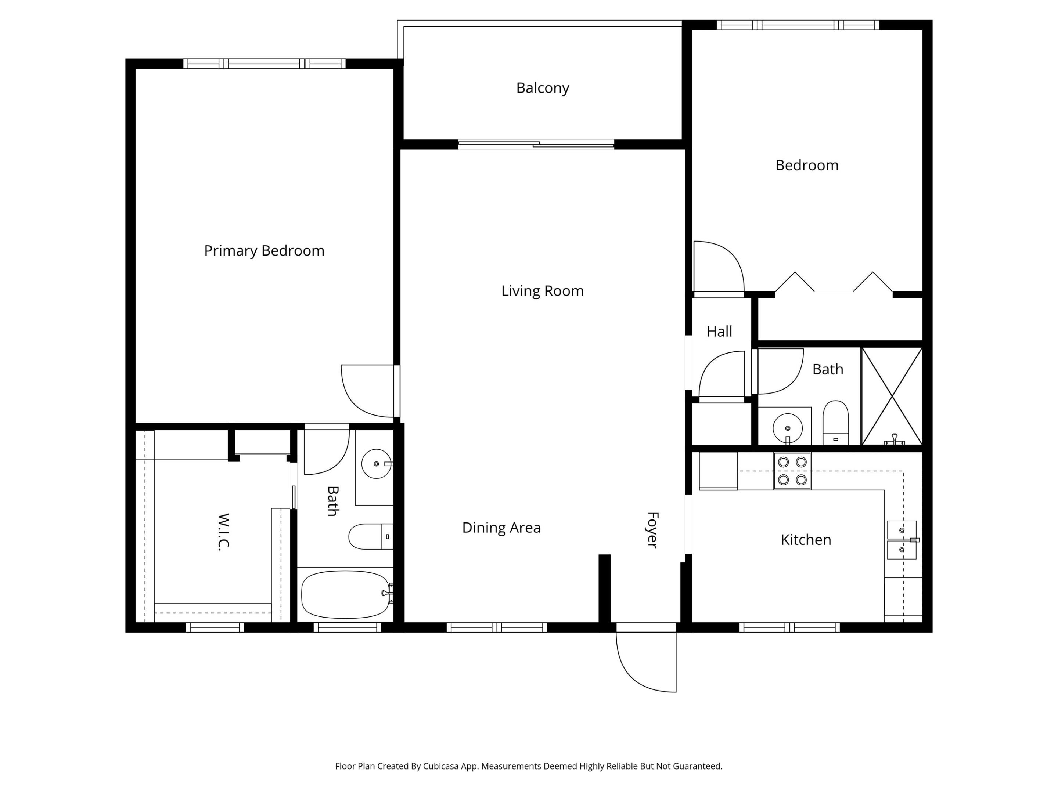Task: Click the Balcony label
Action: [542, 88]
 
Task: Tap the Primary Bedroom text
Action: [264, 250]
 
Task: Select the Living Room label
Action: [542, 291]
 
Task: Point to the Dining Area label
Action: [501, 527]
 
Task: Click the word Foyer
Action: [652, 530]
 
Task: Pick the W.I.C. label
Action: [223, 532]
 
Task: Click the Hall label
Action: [719, 331]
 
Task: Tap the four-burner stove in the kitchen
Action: [792, 471]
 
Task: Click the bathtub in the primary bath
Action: [345, 594]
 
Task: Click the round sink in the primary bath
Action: [376, 464]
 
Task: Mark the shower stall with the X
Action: [892, 396]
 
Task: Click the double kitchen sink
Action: [902, 540]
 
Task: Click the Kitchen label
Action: [806, 540]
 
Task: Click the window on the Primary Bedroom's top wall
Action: [264, 64]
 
